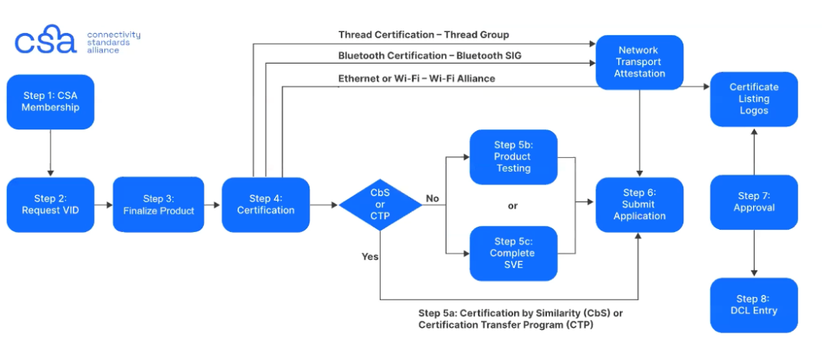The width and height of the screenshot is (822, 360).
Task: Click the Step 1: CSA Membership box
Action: [51, 102]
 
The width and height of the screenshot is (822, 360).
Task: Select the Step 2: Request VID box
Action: [51, 205]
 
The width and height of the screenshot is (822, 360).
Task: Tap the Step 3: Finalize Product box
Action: [159, 205]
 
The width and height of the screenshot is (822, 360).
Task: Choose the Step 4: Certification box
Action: [266, 205]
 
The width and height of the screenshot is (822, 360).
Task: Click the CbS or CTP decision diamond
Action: [380, 205]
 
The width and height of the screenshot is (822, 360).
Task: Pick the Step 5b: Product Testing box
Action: [513, 157]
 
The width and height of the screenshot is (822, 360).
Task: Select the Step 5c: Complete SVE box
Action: [513, 253]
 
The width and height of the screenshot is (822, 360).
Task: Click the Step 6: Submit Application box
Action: [639, 205]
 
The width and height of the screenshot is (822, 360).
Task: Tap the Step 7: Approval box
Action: [754, 202]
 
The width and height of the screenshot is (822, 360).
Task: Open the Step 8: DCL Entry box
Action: [754, 305]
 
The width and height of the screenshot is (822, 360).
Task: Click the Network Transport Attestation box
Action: [639, 62]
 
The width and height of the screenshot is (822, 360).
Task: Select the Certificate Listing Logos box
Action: [754, 99]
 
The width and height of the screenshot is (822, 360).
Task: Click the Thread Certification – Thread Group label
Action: [424, 35]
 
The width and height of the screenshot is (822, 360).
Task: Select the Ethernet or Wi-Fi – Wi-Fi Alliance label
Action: [417, 78]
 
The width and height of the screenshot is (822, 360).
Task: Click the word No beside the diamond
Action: [432, 198]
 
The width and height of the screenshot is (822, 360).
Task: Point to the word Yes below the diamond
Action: [370, 257]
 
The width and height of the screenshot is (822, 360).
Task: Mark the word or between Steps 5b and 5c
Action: [513, 205]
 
